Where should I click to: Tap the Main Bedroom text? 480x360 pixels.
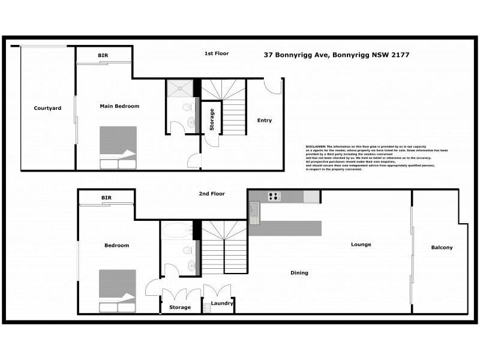[119, 106]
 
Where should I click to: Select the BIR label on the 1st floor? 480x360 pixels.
[103, 56]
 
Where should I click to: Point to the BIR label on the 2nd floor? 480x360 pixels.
[107, 197]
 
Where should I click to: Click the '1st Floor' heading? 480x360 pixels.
[217, 53]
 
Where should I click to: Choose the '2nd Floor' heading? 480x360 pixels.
[212, 194]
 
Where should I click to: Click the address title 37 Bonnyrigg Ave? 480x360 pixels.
[337, 54]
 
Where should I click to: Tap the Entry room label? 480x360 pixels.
[264, 121]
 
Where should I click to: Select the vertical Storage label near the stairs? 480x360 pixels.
[211, 119]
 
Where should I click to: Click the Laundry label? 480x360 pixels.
[222, 304]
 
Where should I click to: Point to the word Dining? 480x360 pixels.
[299, 273]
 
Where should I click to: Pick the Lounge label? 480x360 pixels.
[361, 244]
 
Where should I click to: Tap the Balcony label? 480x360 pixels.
[442, 247]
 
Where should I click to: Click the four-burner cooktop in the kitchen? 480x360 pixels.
[274, 196]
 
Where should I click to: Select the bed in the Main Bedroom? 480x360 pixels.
[118, 148]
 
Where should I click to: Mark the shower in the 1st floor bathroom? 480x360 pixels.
[181, 88]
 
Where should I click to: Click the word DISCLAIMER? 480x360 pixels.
[316, 146]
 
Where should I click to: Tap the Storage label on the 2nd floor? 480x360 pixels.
[180, 307]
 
